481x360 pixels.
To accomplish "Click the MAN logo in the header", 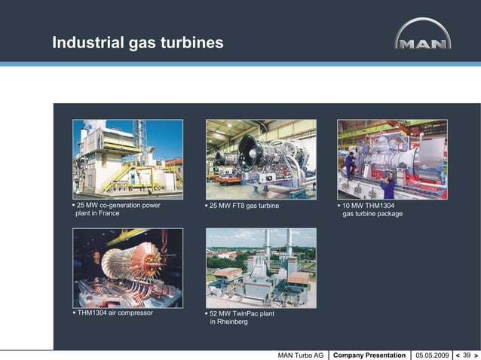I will coord(423,35).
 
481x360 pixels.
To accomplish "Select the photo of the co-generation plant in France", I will coord(127,159).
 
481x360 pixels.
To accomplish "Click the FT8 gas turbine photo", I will coord(261,159).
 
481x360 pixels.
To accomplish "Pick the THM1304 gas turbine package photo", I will coord(392,159).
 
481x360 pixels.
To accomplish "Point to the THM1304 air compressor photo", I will coord(127,267).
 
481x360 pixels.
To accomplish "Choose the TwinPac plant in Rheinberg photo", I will coord(261,267).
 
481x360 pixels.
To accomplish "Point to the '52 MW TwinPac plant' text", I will coord(242,313).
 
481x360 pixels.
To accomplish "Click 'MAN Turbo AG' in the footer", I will coord(301,355).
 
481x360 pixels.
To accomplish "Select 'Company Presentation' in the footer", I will coord(369,355).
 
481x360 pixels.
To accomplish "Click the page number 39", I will coord(466,355).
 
